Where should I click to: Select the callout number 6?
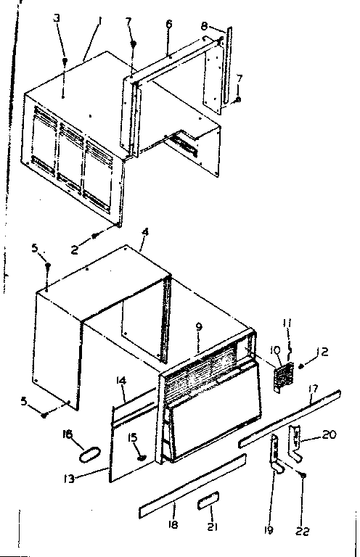tap(168, 24)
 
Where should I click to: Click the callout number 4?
tap(146, 232)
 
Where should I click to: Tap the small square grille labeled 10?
tap(281, 378)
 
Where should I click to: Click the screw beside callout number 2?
tap(94, 235)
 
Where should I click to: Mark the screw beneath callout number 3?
tap(65, 64)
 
